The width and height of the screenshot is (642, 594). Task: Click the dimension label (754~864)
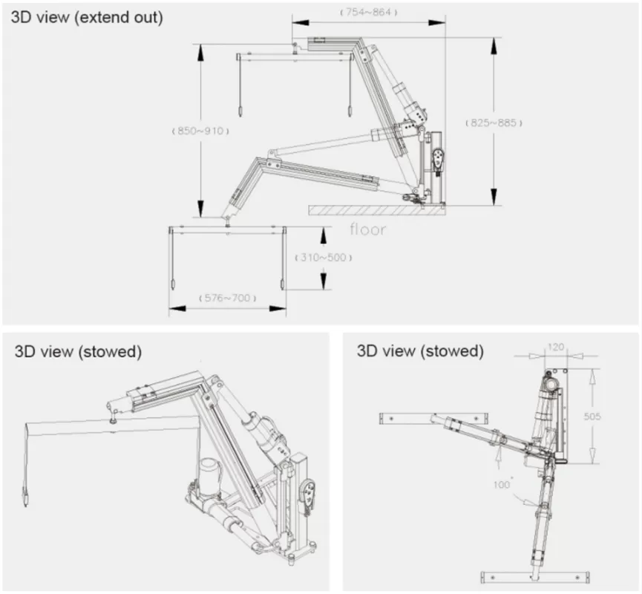(369, 13)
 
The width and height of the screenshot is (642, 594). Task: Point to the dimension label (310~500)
(323, 258)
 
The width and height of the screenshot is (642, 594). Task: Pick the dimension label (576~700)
(227, 298)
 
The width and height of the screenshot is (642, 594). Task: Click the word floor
(368, 229)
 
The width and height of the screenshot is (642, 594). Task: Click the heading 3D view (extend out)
(86, 18)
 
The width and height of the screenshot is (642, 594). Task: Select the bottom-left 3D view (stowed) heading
(78, 351)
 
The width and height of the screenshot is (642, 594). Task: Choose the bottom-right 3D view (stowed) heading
(419, 351)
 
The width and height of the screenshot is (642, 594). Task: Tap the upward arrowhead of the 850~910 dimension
(200, 50)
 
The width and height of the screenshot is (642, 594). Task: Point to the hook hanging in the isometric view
(24, 497)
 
